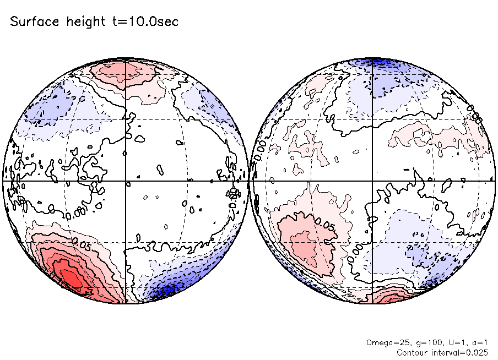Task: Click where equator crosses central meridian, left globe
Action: (126, 181)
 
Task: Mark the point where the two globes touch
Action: (249, 181)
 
